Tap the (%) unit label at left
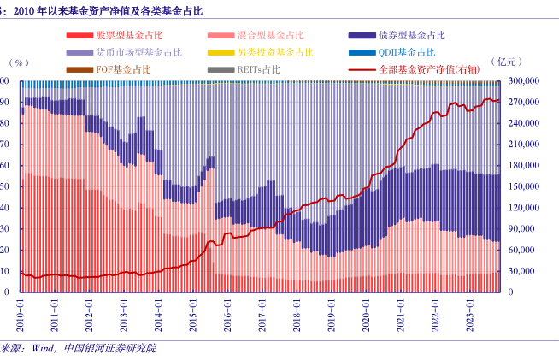point(19,63)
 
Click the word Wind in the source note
point(43,349)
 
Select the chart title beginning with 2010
point(110,9)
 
